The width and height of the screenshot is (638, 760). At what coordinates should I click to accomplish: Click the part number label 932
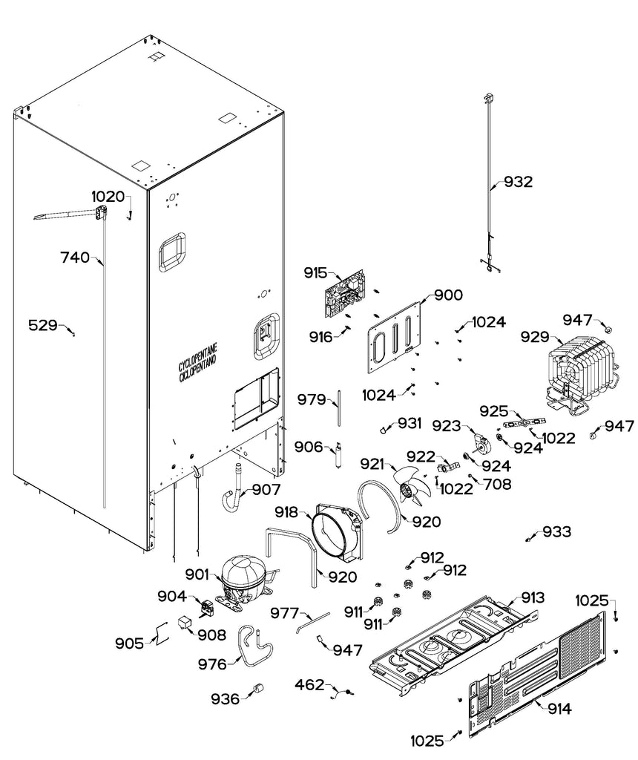click(518, 182)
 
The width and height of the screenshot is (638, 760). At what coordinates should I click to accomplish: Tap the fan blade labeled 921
click(411, 486)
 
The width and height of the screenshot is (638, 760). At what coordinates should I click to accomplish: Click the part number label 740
click(75, 258)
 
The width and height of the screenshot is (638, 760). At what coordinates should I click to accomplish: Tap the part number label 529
click(43, 324)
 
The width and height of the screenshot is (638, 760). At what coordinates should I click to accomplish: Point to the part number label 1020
click(108, 197)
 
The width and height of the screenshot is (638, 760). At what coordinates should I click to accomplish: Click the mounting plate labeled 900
click(398, 338)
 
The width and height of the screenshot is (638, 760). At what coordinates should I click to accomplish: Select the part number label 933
click(557, 532)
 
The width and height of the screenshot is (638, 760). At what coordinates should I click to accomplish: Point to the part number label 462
click(310, 684)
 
